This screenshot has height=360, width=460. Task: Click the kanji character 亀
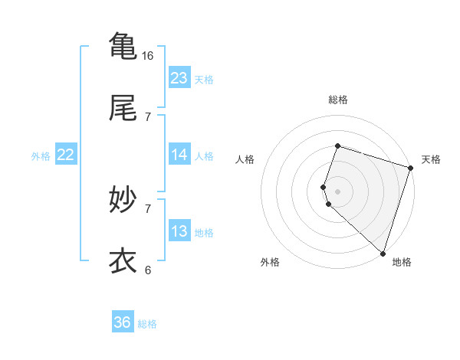(123, 45)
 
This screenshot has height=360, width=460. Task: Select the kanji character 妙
(123, 200)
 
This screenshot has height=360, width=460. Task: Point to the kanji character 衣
(123, 260)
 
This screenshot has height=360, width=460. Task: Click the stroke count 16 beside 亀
(148, 55)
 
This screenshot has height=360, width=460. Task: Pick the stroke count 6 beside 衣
(148, 270)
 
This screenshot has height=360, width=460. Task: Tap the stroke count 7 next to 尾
(148, 116)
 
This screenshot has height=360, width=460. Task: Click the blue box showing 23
(179, 78)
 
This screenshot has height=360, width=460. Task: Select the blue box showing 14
(179, 155)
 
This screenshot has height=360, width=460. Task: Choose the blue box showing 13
(179, 231)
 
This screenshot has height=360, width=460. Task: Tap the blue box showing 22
(66, 155)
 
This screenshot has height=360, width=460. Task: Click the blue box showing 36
(123, 322)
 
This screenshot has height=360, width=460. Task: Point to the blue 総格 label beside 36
(147, 324)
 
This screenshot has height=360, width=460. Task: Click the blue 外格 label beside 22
(41, 156)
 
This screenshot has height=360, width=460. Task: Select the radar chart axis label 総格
(337, 100)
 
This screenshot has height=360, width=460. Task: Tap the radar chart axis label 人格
(245, 159)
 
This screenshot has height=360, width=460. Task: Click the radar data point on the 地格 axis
(383, 253)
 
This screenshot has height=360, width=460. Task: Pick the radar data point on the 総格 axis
(337, 146)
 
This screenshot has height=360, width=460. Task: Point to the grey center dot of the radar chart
(337, 191)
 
